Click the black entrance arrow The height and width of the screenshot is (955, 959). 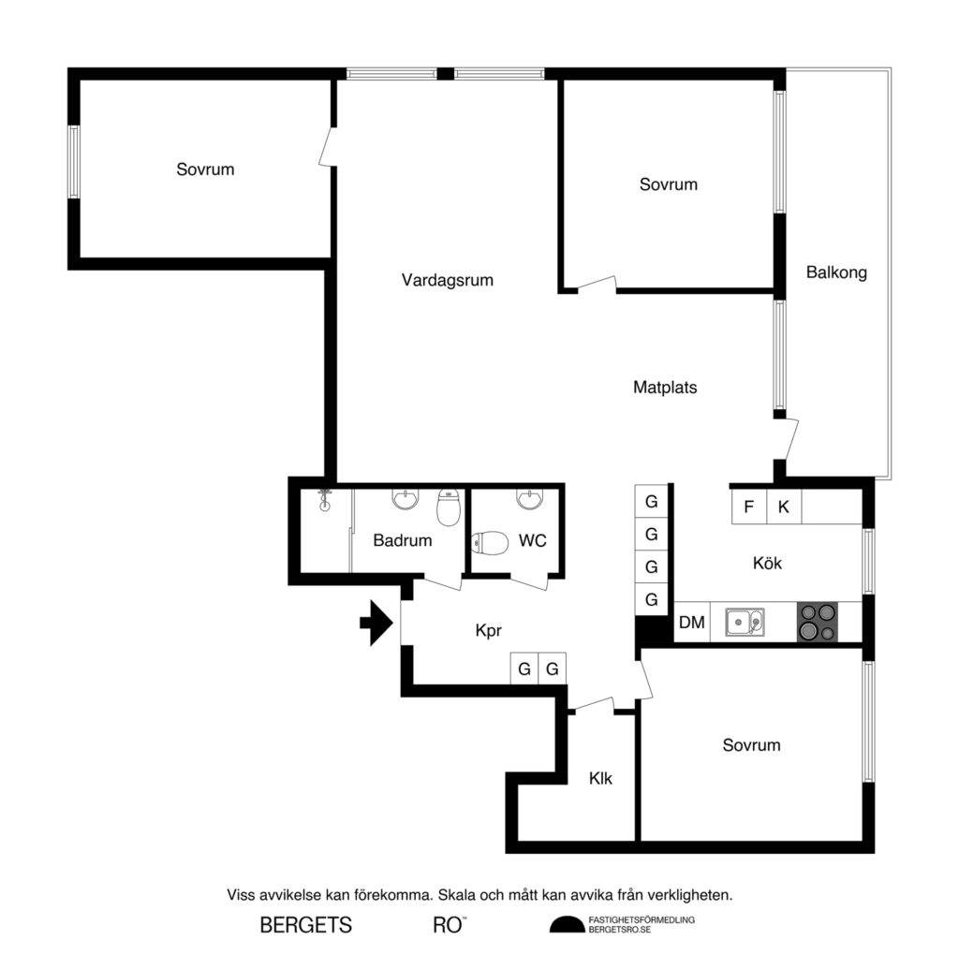[x=376, y=624]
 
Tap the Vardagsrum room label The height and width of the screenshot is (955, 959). [x=447, y=280]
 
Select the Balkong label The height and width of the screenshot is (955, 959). [x=836, y=273]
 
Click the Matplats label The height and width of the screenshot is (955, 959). [x=665, y=387]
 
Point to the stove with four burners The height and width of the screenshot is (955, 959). [x=817, y=623]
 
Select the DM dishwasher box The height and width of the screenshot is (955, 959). [x=691, y=623]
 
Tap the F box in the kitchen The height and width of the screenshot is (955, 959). [x=748, y=507]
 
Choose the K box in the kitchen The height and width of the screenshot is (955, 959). [x=784, y=507]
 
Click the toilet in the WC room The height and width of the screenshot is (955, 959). [x=488, y=542]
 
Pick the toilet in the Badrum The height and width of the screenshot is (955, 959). [x=450, y=508]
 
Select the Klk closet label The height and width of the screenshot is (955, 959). [x=600, y=778]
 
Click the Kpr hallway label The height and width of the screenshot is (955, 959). [x=490, y=631]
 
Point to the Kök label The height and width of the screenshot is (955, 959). [x=767, y=564]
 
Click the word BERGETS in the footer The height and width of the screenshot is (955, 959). [x=305, y=926]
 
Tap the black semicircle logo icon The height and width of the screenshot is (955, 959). [x=565, y=925]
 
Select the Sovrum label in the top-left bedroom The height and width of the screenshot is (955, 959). [x=205, y=169]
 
